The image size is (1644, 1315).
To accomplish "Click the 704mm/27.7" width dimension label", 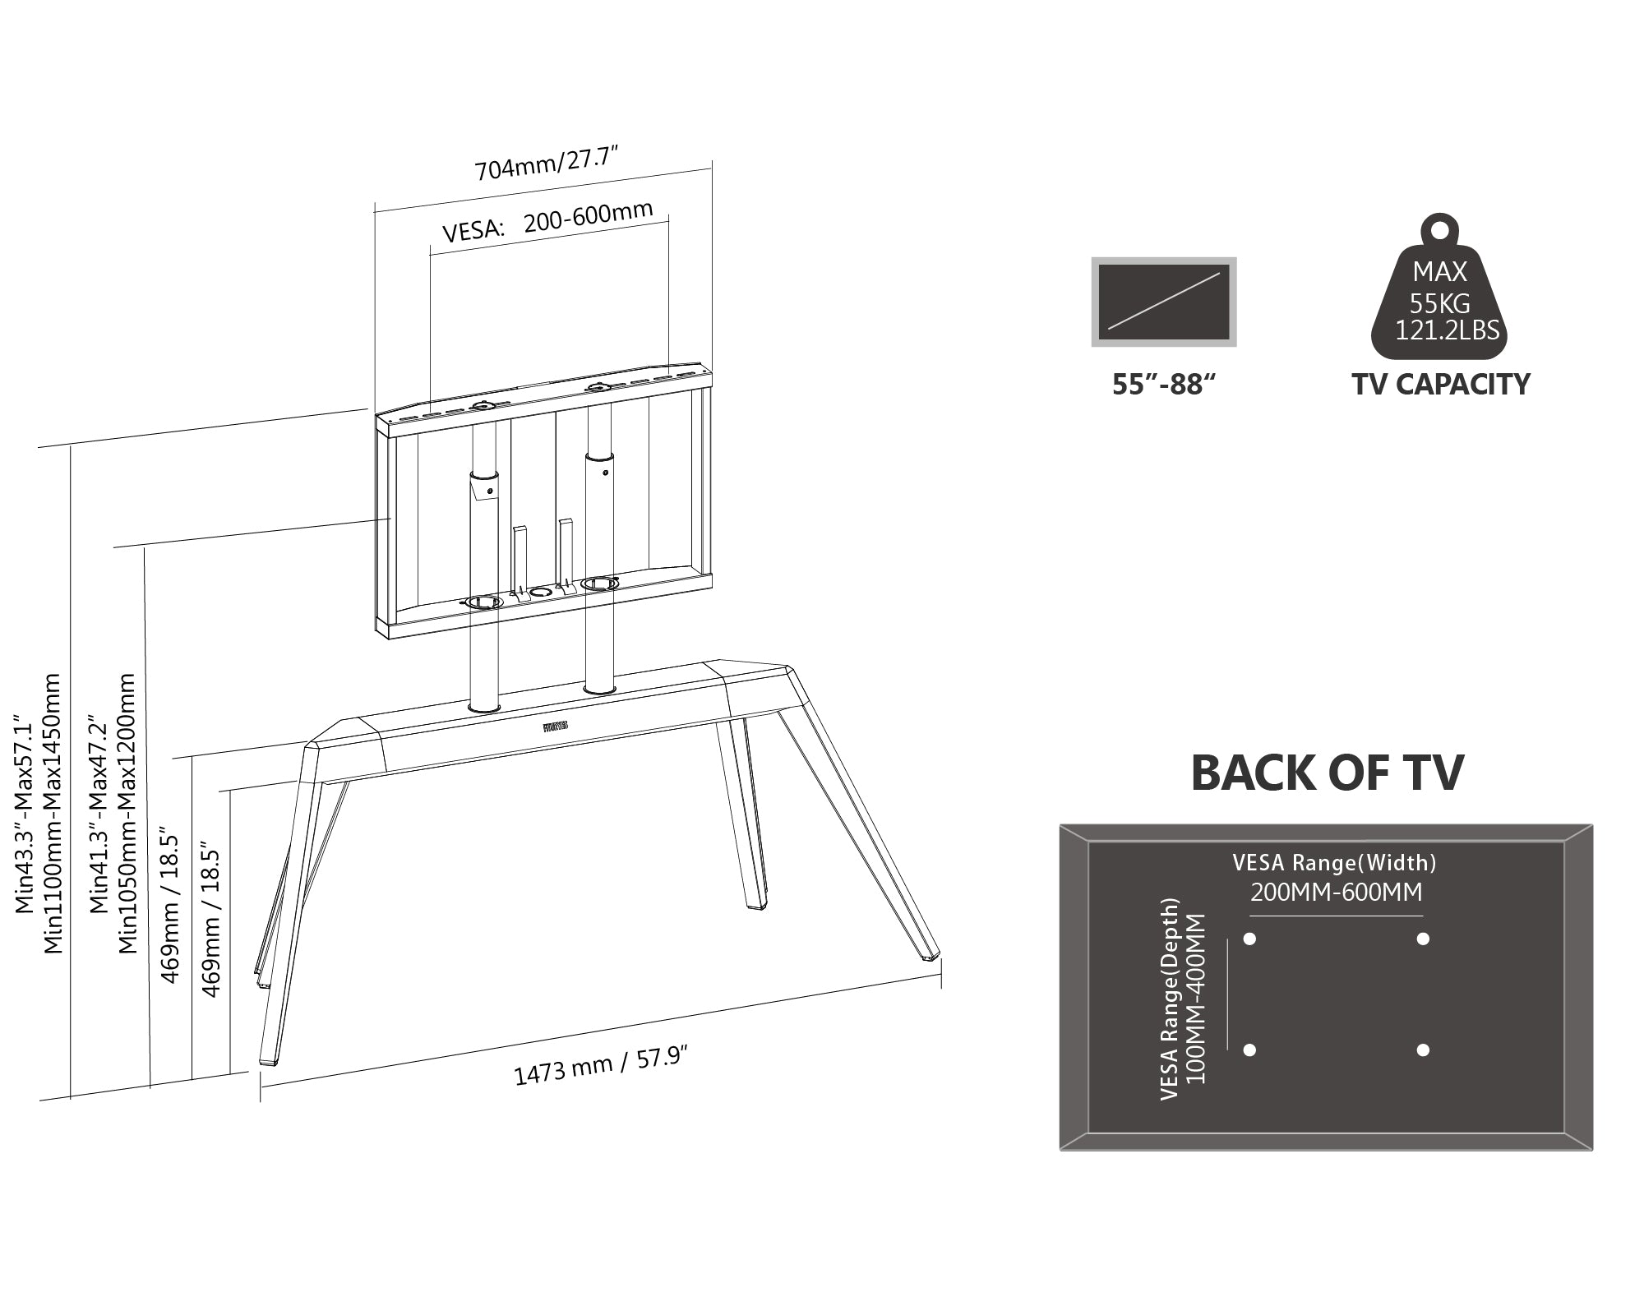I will pyautogui.click(x=546, y=163).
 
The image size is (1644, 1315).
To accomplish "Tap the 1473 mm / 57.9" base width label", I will pyautogui.click(x=600, y=1068).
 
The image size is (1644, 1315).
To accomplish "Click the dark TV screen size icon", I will pyautogui.click(x=1164, y=302).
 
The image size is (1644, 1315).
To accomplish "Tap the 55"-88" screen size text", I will pyautogui.click(x=1163, y=385).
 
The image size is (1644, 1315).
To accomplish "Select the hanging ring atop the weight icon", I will pyautogui.click(x=1439, y=228).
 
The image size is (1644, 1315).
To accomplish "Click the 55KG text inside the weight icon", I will pyautogui.click(x=1440, y=303).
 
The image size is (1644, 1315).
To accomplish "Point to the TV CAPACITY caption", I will pyautogui.click(x=1440, y=385).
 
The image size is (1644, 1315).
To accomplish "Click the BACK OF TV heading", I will pyautogui.click(x=1327, y=773).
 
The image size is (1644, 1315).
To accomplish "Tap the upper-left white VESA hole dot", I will pyautogui.click(x=1250, y=939).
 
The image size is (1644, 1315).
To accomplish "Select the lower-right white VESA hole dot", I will pyautogui.click(x=1423, y=1050).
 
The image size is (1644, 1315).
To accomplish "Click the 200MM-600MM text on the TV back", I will pyautogui.click(x=1336, y=893).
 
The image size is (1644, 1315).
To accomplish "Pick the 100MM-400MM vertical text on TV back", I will pyautogui.click(x=1197, y=999).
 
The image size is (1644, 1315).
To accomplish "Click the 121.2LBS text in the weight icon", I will pyautogui.click(x=1447, y=330).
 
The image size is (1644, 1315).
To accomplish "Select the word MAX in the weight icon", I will pyautogui.click(x=1439, y=271).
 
